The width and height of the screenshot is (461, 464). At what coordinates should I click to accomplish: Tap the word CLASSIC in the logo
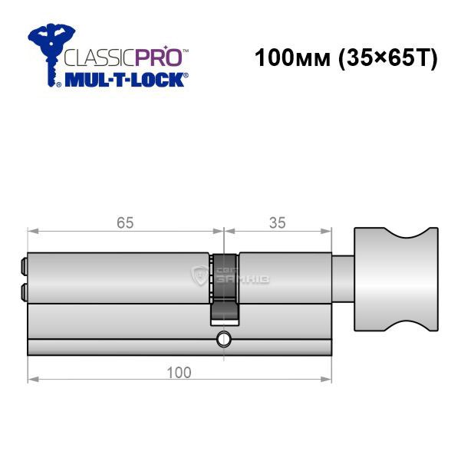(100, 58)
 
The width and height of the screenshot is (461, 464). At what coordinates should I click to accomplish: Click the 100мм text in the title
(292, 58)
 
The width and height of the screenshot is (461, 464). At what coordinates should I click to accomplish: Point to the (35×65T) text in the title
(388, 58)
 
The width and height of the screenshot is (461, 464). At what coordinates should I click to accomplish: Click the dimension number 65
(125, 222)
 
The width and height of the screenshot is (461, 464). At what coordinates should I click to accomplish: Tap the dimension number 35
(278, 222)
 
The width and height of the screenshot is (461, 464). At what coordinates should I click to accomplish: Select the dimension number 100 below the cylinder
(179, 372)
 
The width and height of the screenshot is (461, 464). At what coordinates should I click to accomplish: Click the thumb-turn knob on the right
(397, 279)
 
